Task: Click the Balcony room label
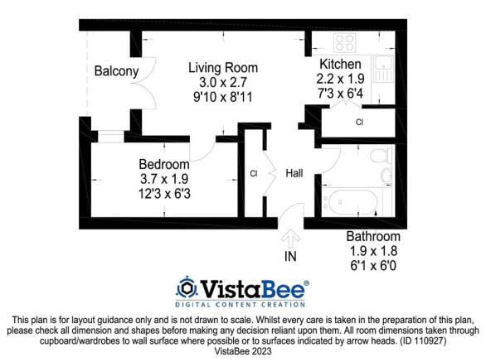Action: tap(117, 71)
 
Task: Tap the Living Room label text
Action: tap(223, 68)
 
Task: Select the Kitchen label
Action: tap(340, 64)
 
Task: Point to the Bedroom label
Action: tap(164, 164)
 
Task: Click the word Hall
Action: tap(294, 173)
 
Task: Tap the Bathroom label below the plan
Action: tap(373, 236)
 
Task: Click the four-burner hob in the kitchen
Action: tap(345, 43)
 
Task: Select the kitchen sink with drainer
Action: tap(383, 69)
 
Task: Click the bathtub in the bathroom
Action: tap(352, 201)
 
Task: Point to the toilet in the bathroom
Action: tap(382, 156)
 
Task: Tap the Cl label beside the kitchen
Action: tap(359, 122)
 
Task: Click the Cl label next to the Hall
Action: tap(254, 173)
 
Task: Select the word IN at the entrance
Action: tap(290, 256)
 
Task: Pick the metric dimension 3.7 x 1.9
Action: tap(164, 179)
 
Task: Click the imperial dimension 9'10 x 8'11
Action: tap(223, 97)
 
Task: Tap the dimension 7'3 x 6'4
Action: tap(340, 93)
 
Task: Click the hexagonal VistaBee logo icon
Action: tap(187, 287)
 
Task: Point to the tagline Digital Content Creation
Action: tap(241, 304)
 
